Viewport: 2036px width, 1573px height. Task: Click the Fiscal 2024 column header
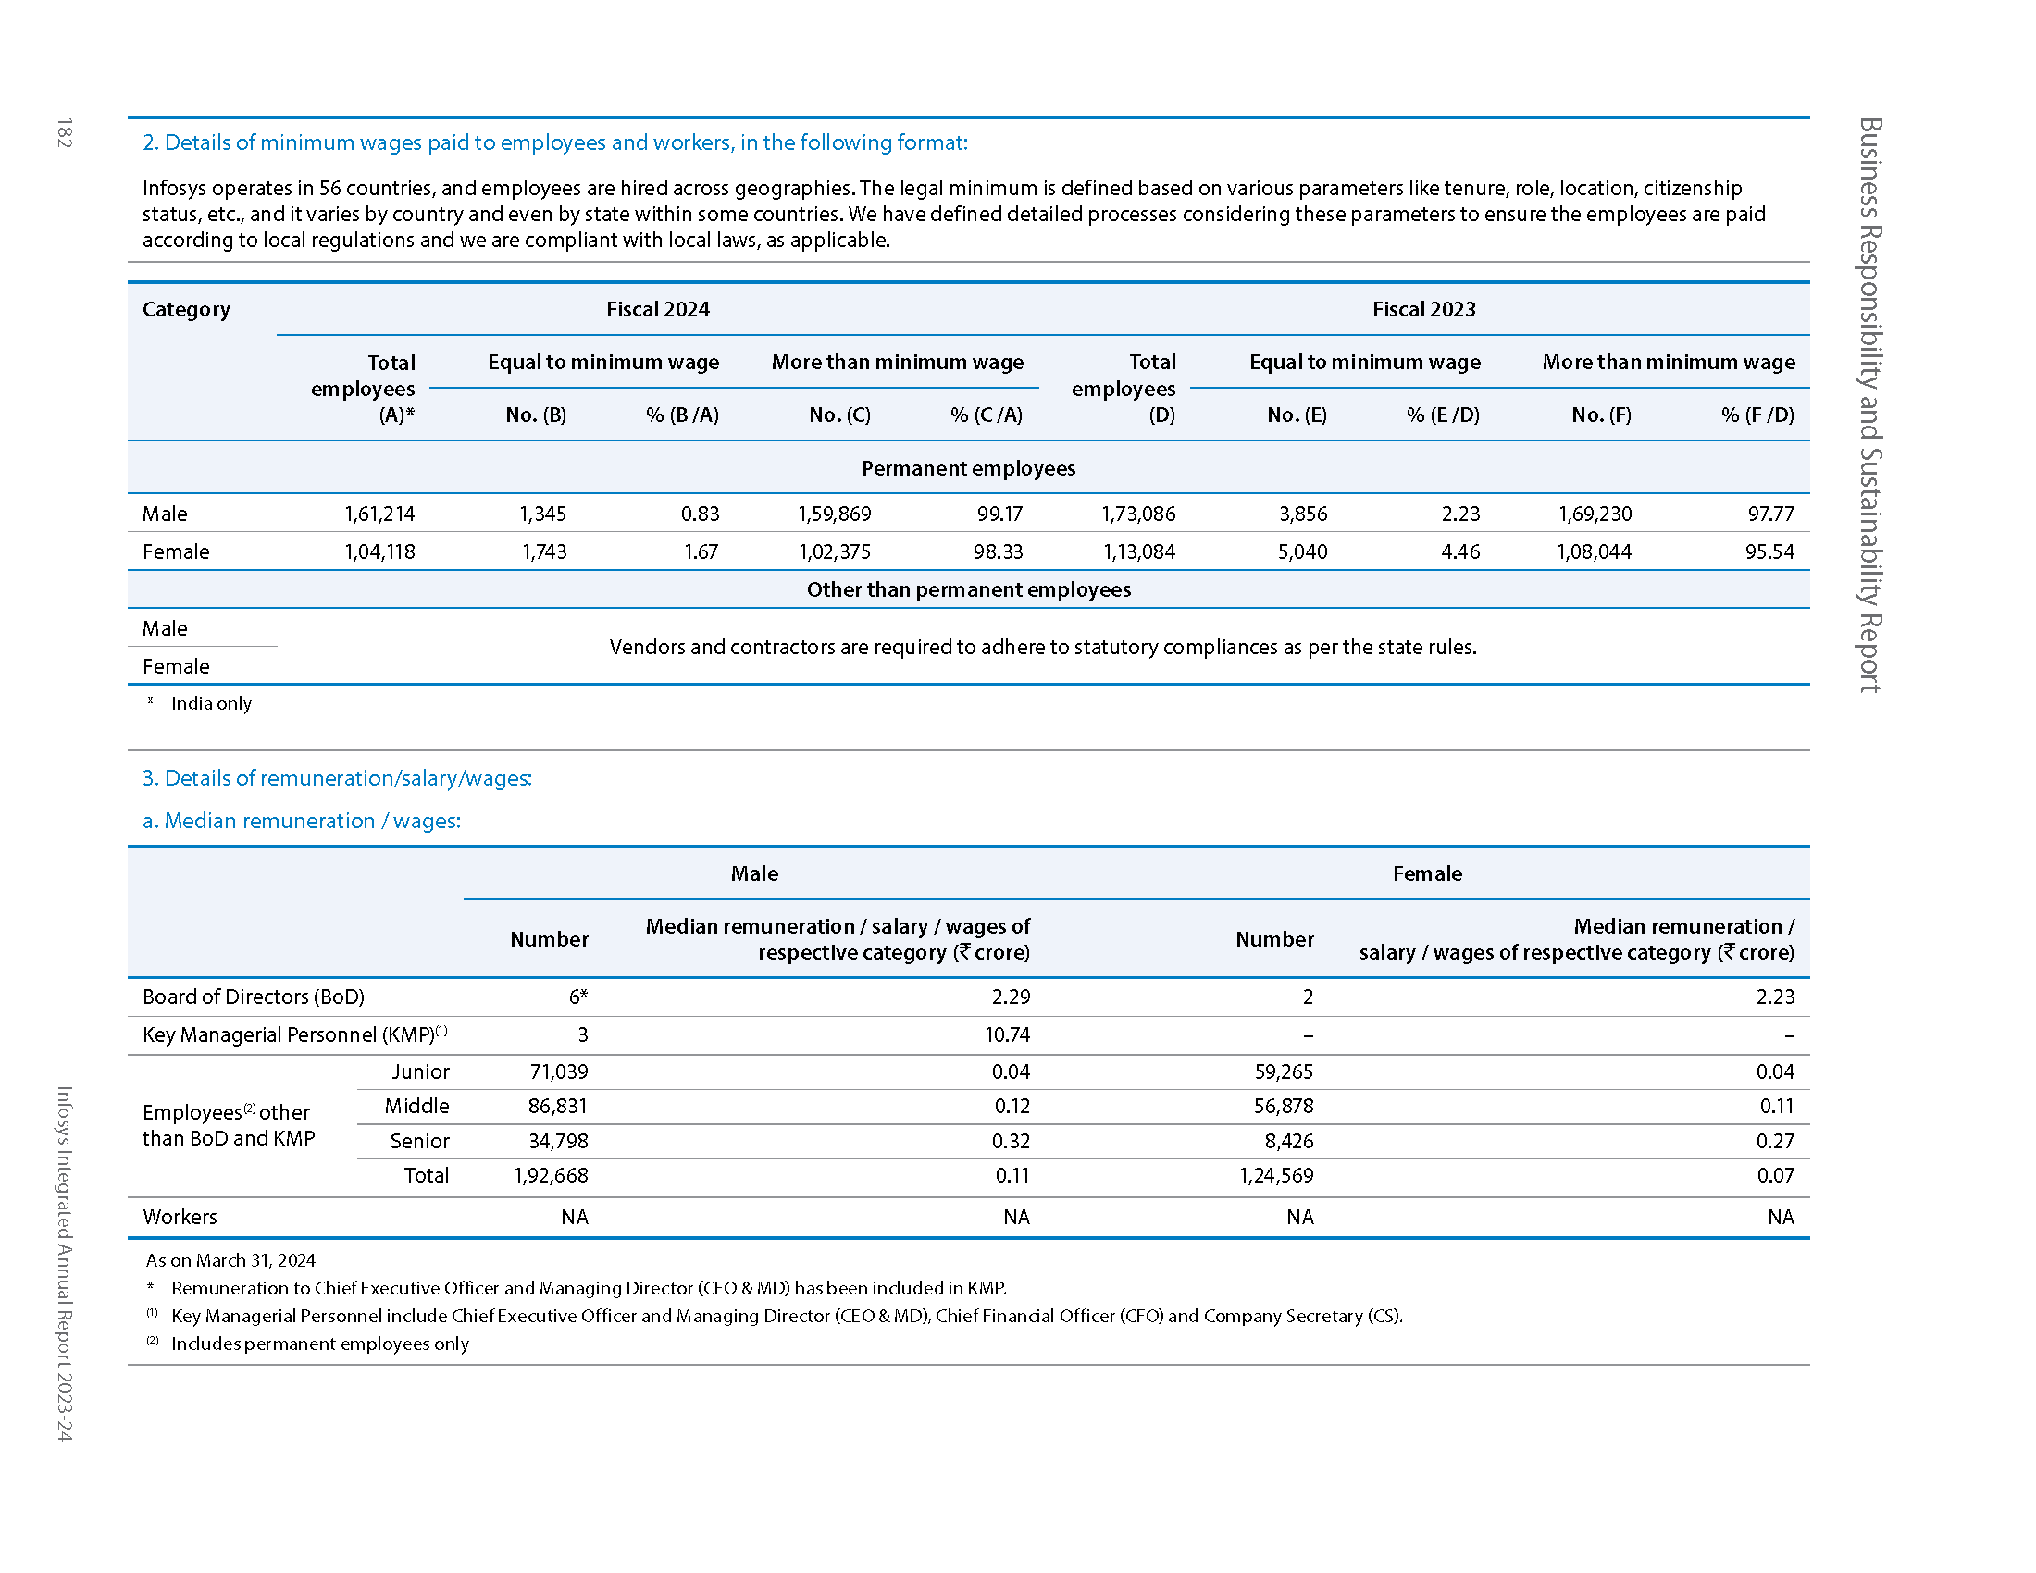[x=657, y=309]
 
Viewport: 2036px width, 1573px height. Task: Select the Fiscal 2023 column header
[x=1422, y=309]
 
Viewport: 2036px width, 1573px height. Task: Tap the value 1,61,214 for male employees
[x=379, y=514]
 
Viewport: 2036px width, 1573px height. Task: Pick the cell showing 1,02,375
[x=834, y=551]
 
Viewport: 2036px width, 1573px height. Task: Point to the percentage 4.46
[x=1459, y=551]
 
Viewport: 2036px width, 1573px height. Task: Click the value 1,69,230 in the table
[x=1595, y=514]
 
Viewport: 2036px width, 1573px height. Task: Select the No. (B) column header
[x=535, y=415]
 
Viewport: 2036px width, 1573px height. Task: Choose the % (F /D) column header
[x=1757, y=415]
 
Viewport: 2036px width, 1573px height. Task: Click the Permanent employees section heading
[x=968, y=468]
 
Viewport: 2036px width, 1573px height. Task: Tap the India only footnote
[x=211, y=703]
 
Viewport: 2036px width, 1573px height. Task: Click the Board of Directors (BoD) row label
[x=253, y=997]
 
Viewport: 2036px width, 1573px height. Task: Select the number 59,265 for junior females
[x=1283, y=1071]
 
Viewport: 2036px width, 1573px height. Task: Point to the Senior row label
[x=419, y=1141]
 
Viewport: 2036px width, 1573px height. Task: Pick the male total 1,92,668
[x=550, y=1175]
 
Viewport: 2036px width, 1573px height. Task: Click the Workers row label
[x=179, y=1216]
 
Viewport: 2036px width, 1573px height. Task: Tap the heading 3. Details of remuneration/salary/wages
[x=337, y=778]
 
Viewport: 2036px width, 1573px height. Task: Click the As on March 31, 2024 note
[x=230, y=1260]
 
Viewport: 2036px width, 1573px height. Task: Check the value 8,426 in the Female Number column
[x=1289, y=1141]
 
